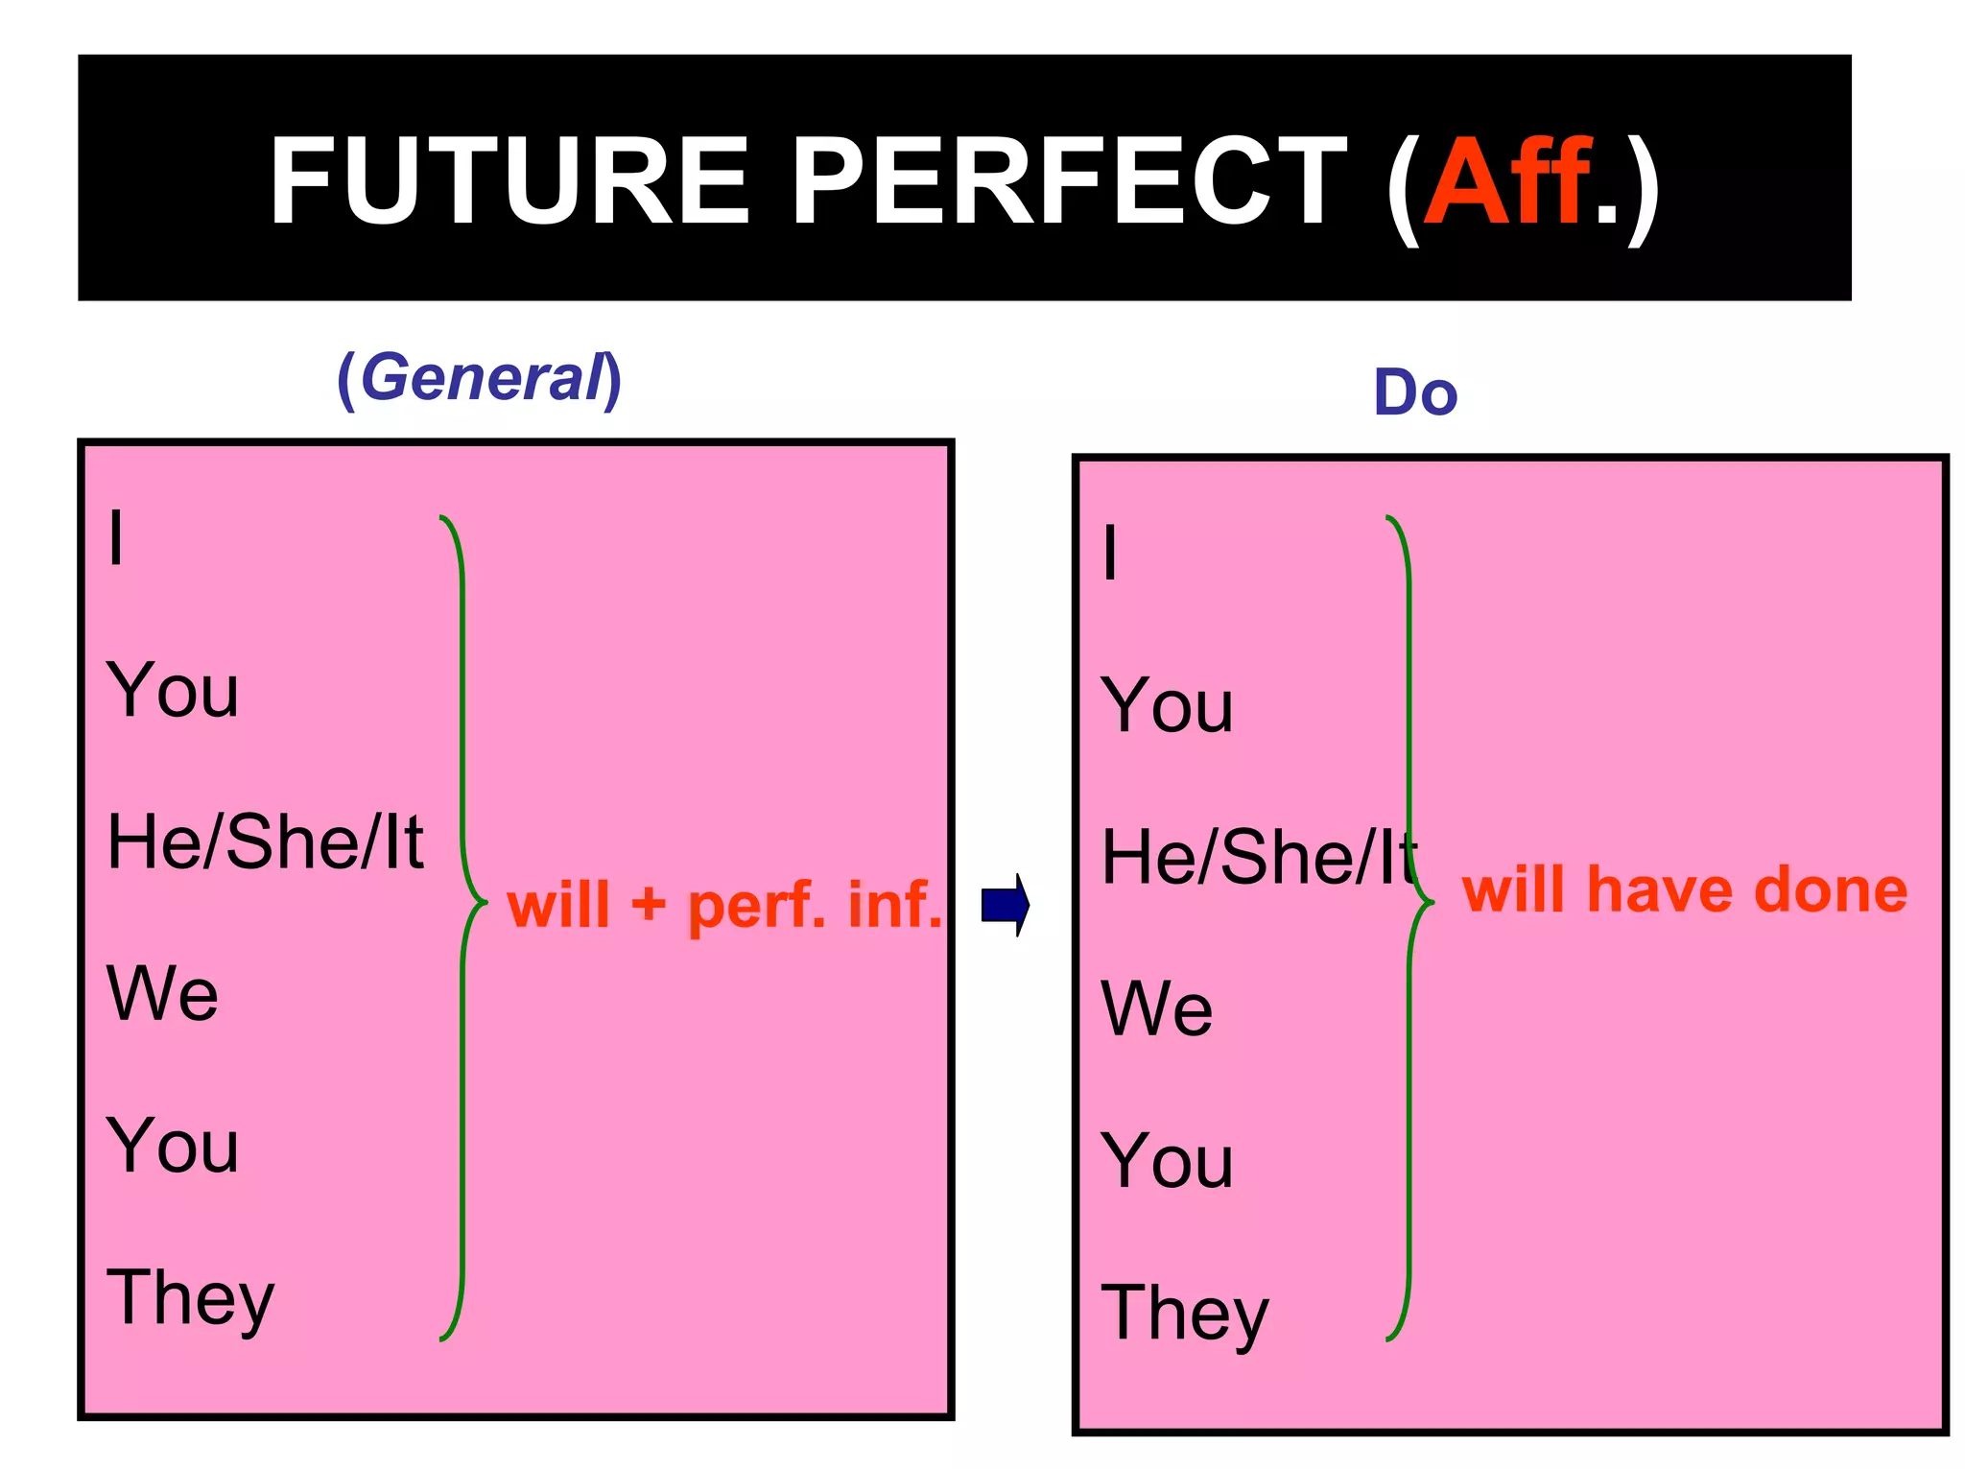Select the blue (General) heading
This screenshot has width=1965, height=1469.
[480, 378]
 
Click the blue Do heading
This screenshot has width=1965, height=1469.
[1415, 392]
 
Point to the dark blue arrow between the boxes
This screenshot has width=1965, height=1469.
[1006, 904]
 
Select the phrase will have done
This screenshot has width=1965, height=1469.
[1685, 889]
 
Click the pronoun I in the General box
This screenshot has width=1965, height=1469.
[116, 538]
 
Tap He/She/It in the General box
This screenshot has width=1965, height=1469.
[265, 841]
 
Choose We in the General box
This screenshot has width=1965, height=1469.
[162, 993]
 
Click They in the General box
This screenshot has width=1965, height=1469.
[190, 1297]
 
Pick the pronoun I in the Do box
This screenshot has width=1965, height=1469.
[1110, 554]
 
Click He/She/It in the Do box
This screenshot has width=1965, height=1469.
[1258, 857]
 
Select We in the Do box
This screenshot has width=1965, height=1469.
[1157, 1008]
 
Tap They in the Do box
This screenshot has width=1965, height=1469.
[1185, 1313]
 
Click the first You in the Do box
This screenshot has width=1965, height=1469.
[1167, 705]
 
